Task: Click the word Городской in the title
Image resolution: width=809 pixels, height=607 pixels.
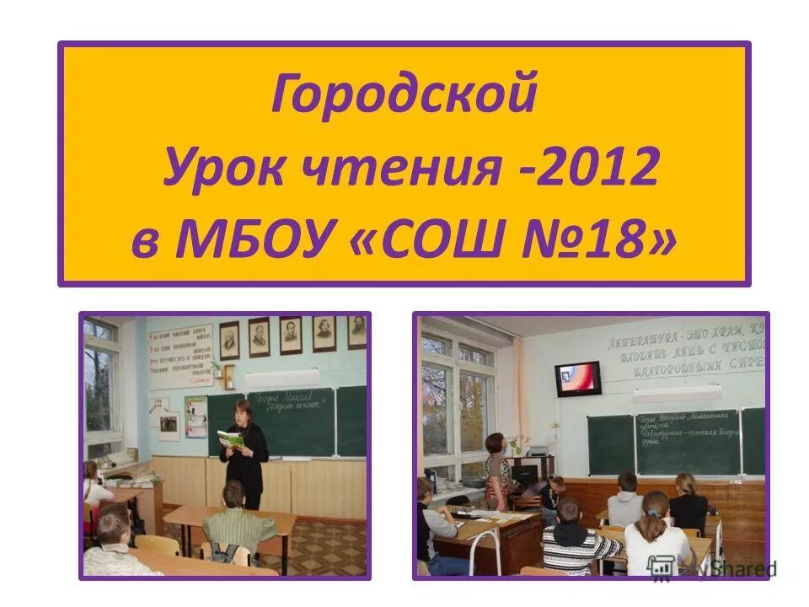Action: click(404, 94)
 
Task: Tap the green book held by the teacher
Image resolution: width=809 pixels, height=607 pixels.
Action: click(230, 438)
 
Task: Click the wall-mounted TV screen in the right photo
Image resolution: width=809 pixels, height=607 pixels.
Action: click(578, 379)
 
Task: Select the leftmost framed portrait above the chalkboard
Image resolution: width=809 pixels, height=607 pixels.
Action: click(228, 340)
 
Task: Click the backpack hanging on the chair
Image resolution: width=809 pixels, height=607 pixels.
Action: click(226, 553)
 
